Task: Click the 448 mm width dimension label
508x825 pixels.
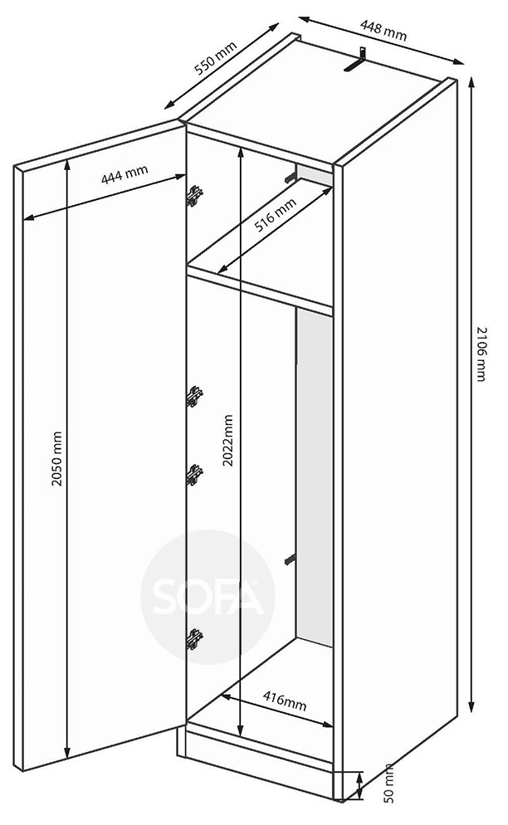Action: pyautogui.click(x=383, y=30)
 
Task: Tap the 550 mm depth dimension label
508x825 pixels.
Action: pyautogui.click(x=216, y=57)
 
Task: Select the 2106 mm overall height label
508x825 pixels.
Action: pyautogui.click(x=481, y=354)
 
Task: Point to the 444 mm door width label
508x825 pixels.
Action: pyautogui.click(x=125, y=173)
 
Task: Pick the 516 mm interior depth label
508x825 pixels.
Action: pyautogui.click(x=275, y=215)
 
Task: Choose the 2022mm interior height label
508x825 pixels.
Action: pyautogui.click(x=227, y=441)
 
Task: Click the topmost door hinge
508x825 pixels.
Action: pyautogui.click(x=193, y=196)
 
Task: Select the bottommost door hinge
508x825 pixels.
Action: pyautogui.click(x=193, y=639)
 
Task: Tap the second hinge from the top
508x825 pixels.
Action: pyautogui.click(x=193, y=396)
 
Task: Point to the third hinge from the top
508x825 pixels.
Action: pyautogui.click(x=193, y=475)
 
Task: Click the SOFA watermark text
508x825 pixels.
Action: pyautogui.click(x=208, y=597)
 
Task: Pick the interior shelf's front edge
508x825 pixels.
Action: pyautogui.click(x=260, y=291)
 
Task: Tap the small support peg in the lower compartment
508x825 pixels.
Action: pyautogui.click(x=290, y=559)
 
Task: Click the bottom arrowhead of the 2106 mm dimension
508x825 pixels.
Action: pyautogui.click(x=472, y=706)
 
